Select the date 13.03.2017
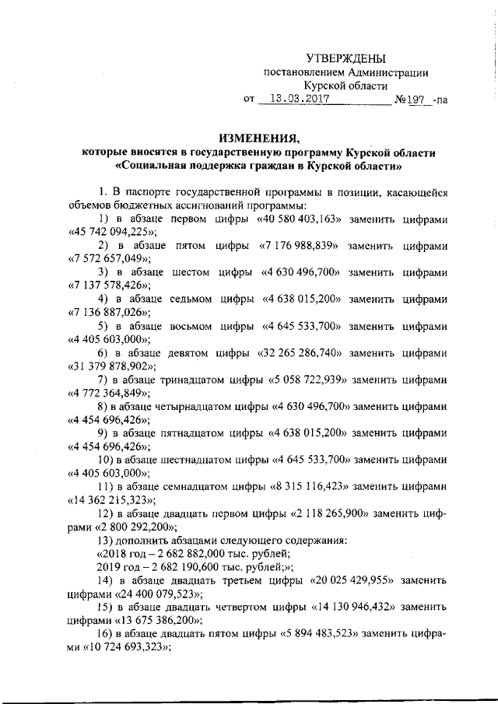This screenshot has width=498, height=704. tap(295, 100)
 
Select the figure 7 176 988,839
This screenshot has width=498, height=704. tap(300, 246)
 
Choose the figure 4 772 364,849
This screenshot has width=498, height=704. tap(108, 393)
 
